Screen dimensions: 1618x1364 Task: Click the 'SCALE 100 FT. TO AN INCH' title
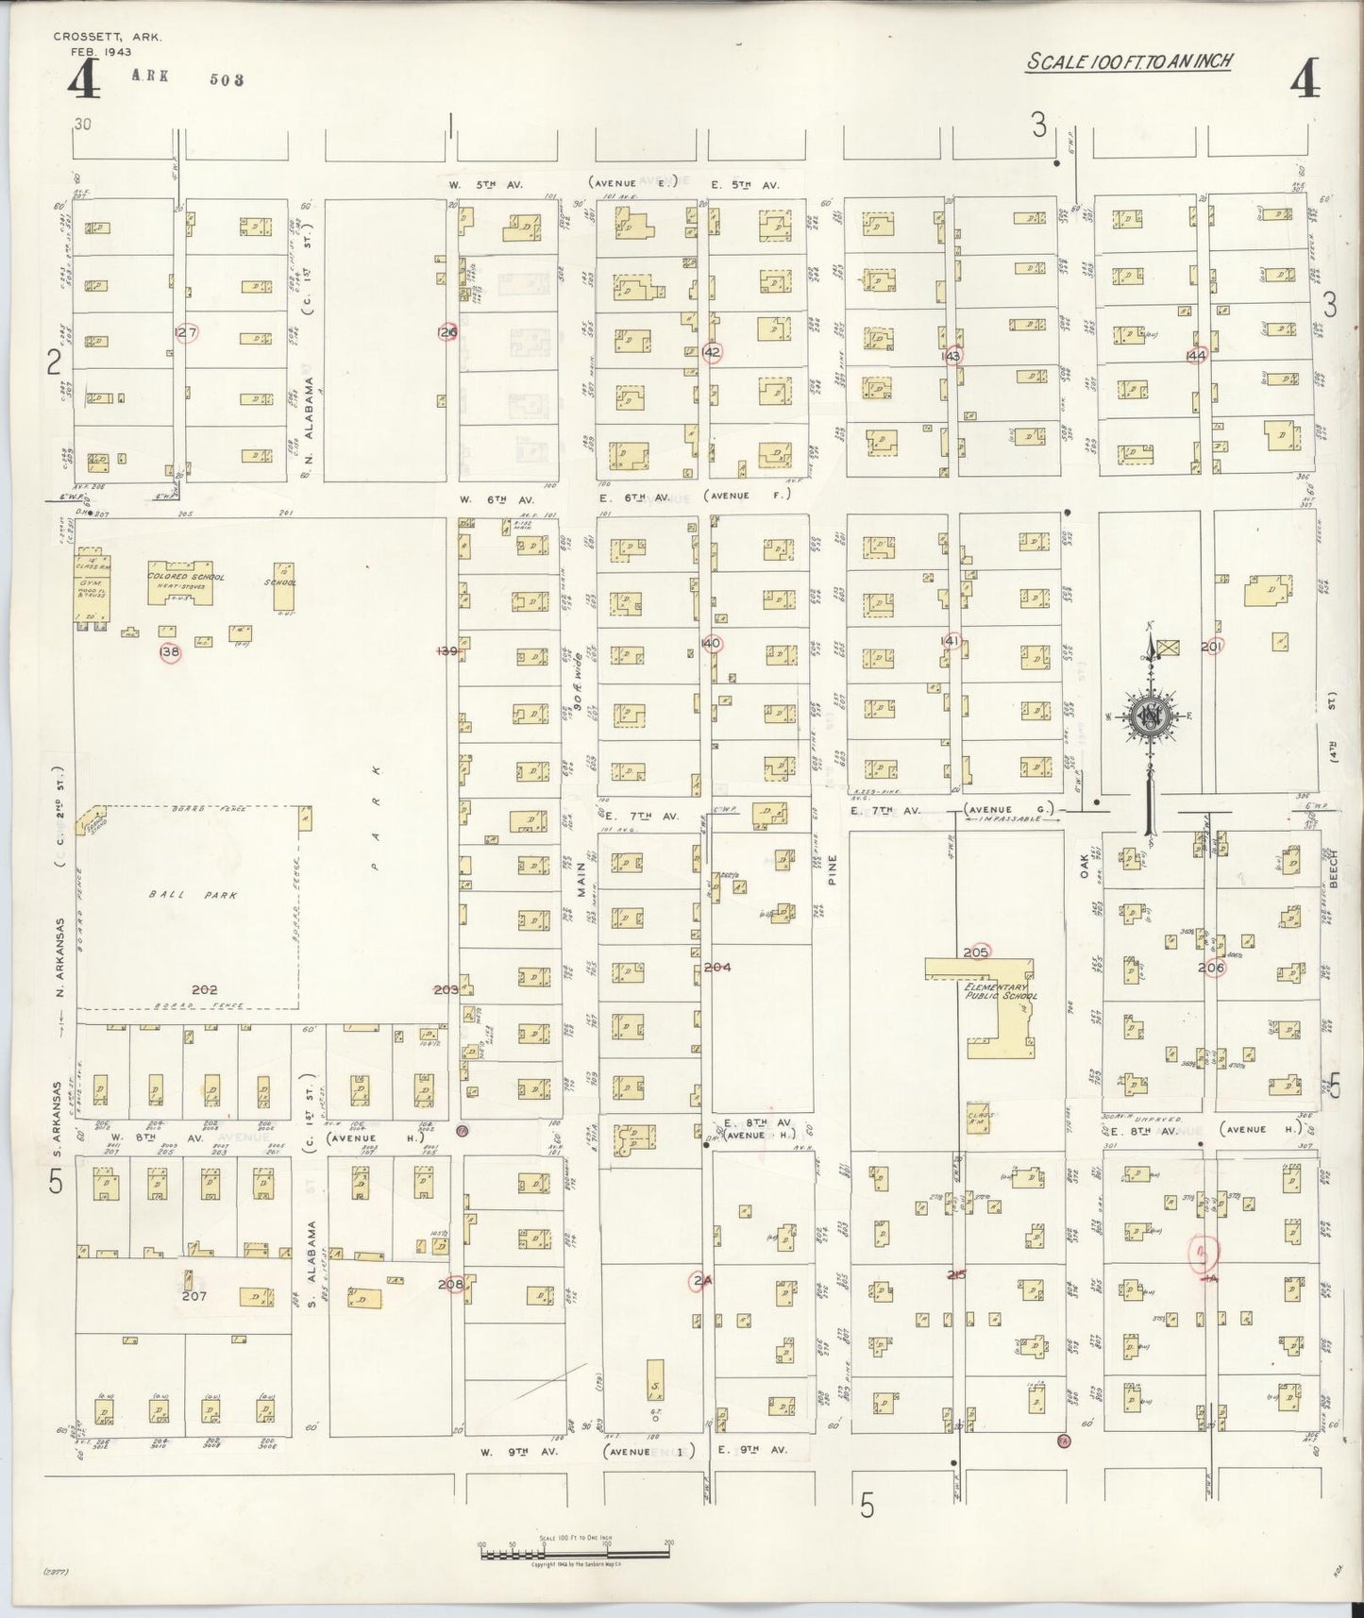(x=1130, y=62)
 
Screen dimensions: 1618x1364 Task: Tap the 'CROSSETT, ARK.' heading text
(x=108, y=37)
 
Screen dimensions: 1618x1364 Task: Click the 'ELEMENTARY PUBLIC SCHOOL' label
(x=1001, y=990)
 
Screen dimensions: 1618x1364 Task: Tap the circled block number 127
(x=186, y=332)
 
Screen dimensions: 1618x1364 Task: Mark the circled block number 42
(x=713, y=352)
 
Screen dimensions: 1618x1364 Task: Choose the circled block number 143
(x=951, y=356)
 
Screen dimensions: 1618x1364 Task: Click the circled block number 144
(x=1197, y=355)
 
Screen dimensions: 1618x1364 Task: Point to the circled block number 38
(x=170, y=651)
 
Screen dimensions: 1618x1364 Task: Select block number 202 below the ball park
(x=204, y=989)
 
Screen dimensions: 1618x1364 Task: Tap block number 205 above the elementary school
(x=975, y=952)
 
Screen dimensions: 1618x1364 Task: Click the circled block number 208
(x=451, y=1285)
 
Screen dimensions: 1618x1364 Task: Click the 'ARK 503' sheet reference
(x=186, y=78)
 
